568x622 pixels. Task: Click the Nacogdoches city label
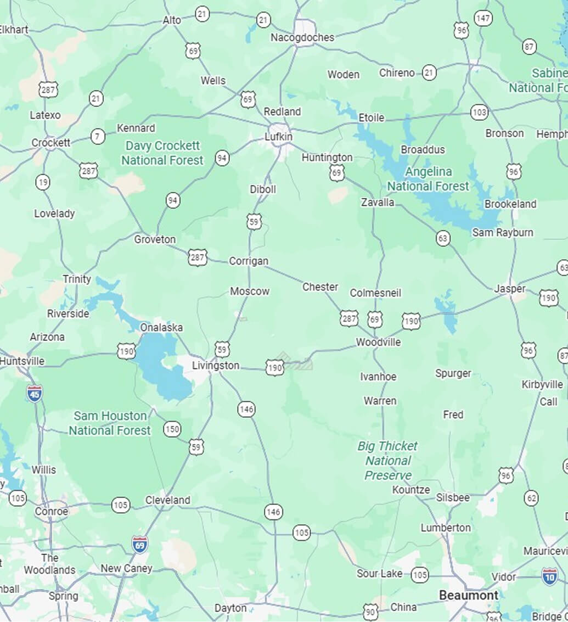[302, 37]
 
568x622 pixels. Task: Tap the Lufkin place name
[279, 136]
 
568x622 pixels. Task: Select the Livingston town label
[216, 365]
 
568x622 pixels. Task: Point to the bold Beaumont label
[468, 595]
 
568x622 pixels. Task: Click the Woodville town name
[378, 342]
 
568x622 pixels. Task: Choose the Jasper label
[509, 289]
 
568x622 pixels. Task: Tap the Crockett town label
[50, 143]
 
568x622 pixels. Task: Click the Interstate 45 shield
[34, 393]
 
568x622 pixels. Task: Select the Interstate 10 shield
[549, 576]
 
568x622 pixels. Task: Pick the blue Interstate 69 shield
[140, 545]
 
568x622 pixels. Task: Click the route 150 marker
[172, 429]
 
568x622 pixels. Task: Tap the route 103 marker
[479, 113]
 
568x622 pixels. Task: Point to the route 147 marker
[483, 19]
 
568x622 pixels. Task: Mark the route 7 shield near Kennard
[98, 136]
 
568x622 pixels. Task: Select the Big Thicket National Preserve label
[387, 461]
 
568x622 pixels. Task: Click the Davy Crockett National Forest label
[162, 153]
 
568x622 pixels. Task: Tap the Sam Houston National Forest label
[110, 423]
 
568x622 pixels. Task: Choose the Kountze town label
[411, 490]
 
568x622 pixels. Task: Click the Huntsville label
[22, 361]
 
